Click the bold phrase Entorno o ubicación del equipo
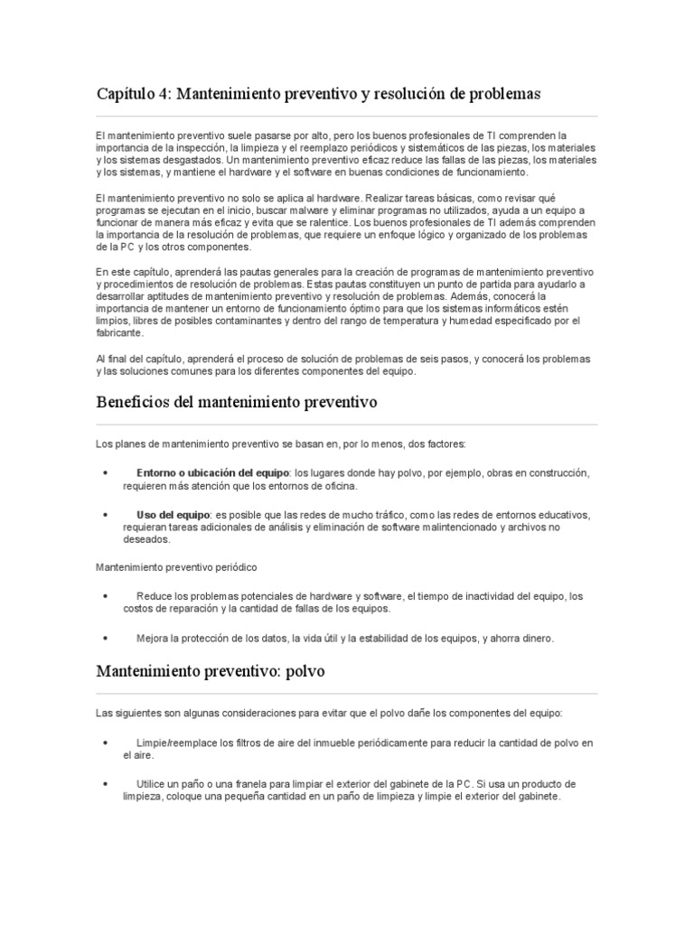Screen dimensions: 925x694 click(212, 473)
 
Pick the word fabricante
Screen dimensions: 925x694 click(119, 332)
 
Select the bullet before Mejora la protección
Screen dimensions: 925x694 click(107, 638)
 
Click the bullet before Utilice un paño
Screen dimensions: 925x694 click(107, 783)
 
